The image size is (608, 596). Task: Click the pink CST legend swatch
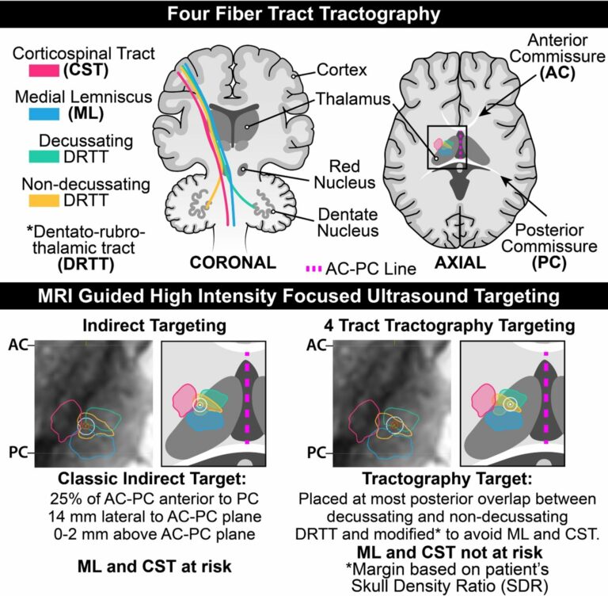[x=44, y=71]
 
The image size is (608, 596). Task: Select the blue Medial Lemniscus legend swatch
[x=44, y=114]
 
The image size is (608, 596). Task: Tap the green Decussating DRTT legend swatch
[x=44, y=157]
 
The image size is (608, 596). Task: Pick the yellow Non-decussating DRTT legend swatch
[x=44, y=201]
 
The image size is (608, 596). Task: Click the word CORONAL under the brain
[x=233, y=263]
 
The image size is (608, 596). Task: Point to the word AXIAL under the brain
[x=460, y=263]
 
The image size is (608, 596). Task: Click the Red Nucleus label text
[x=344, y=174]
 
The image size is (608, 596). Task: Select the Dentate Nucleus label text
[x=348, y=223]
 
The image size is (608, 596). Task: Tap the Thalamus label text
[x=353, y=99]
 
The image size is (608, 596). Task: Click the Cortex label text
[x=342, y=70]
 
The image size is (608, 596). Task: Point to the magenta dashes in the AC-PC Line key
[x=313, y=269]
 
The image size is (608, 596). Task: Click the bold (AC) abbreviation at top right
[x=557, y=73]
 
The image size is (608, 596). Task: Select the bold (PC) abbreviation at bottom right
[x=549, y=263]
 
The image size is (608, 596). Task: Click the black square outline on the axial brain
[x=427, y=147]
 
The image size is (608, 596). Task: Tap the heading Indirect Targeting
[x=154, y=326]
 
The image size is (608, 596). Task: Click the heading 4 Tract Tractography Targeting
[x=450, y=326]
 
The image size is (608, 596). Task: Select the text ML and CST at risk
[x=154, y=567]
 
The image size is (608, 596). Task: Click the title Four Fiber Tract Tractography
[x=304, y=14]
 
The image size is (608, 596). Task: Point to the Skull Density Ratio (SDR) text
[x=450, y=586]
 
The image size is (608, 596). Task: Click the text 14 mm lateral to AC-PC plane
[x=154, y=517]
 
